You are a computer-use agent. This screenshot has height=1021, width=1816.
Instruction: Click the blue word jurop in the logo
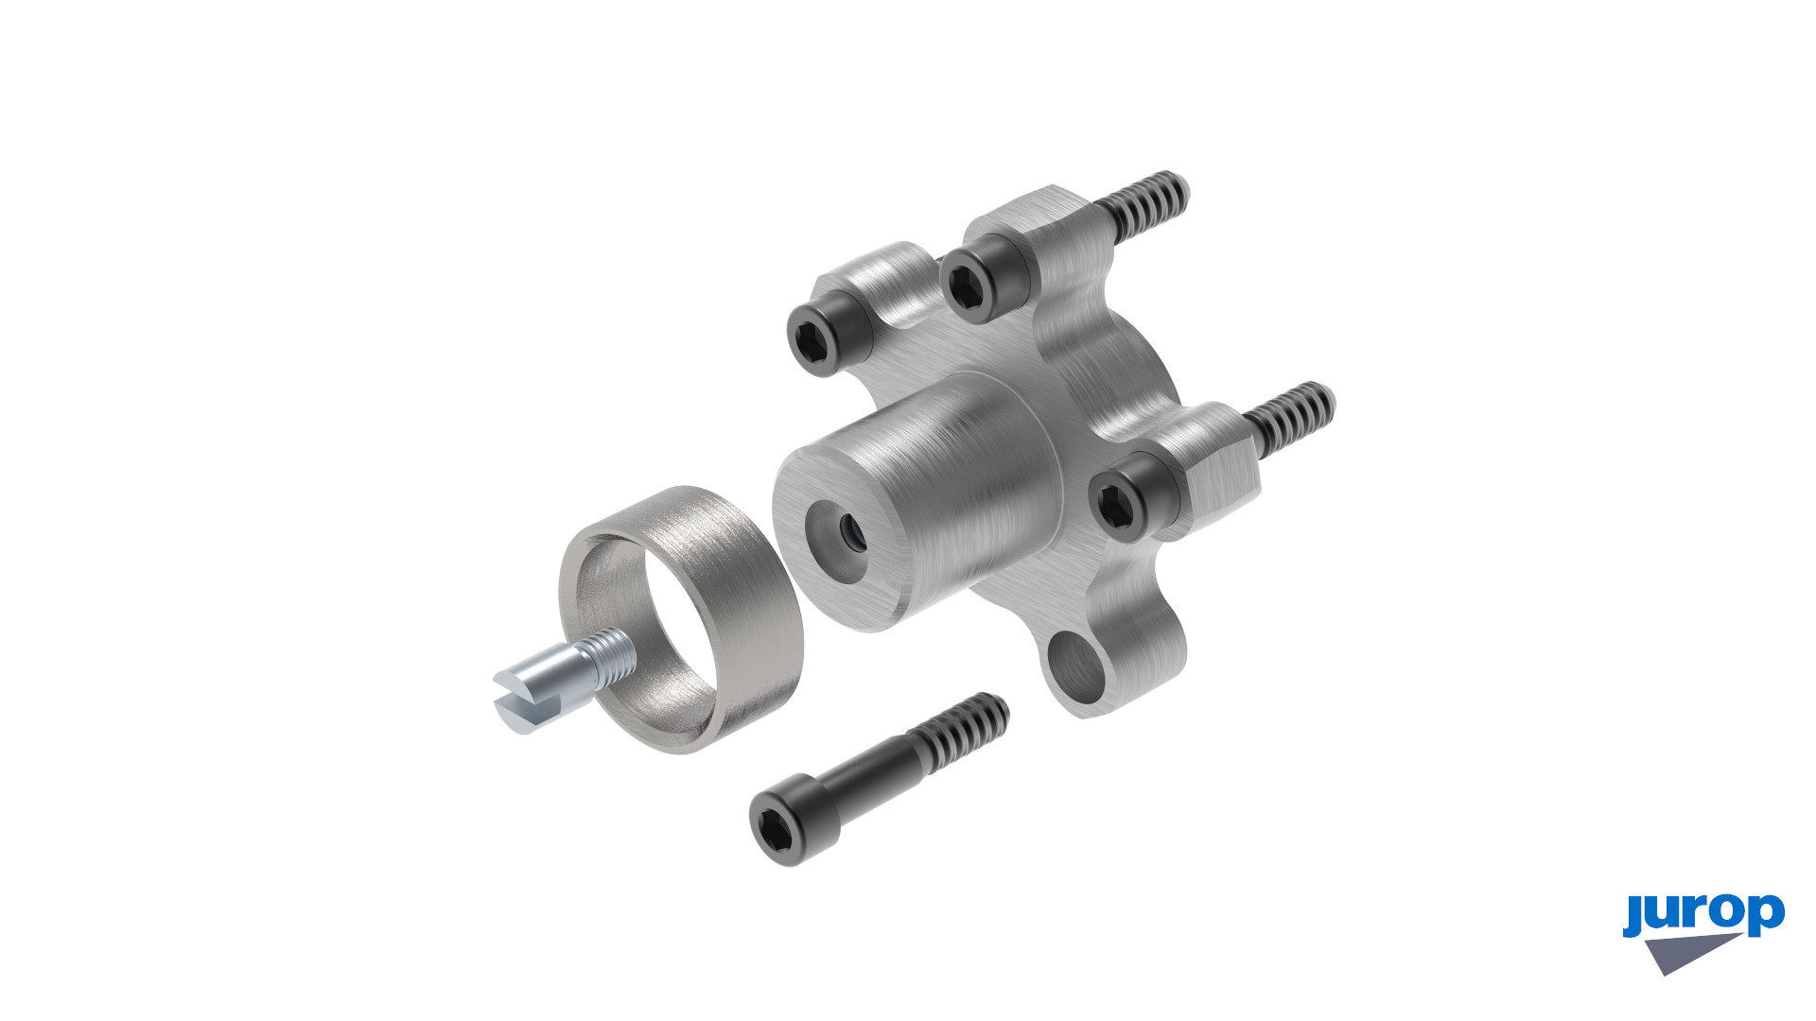pos(1703,914)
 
